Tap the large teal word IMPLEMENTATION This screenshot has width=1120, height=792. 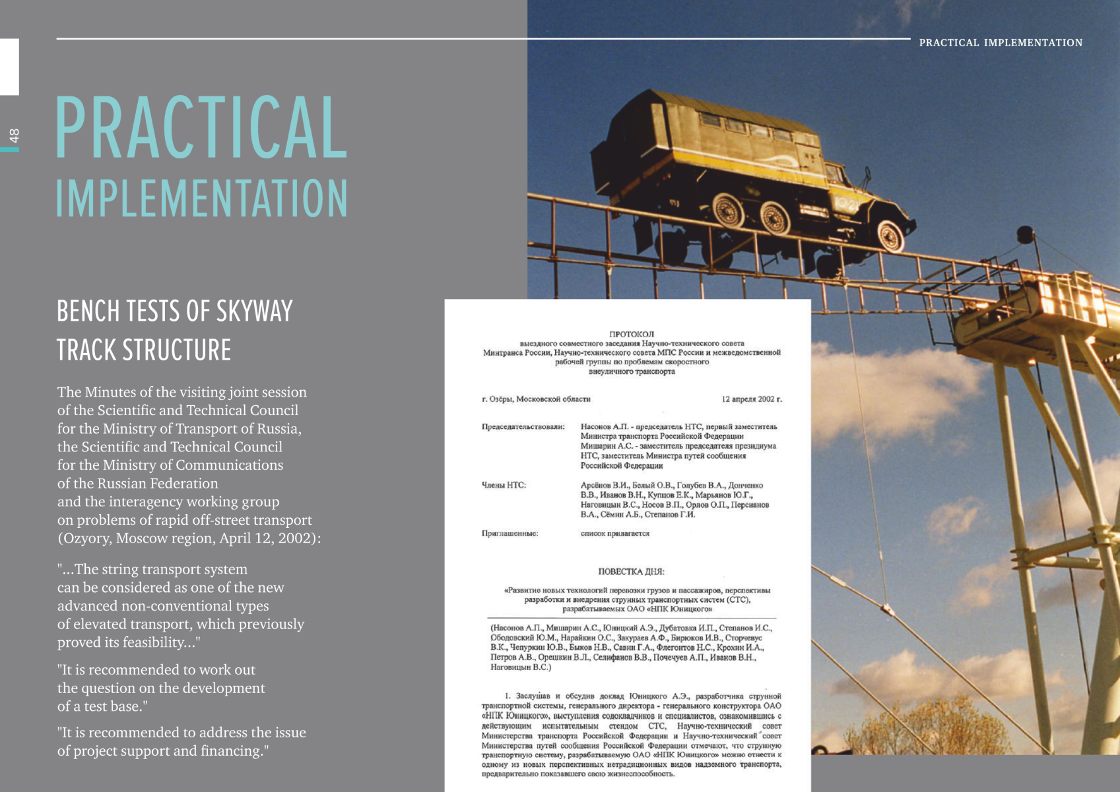(201, 198)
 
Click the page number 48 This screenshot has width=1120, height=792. (14, 135)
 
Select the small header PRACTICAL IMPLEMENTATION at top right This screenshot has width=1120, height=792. (1001, 43)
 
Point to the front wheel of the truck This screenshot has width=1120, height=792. (890, 234)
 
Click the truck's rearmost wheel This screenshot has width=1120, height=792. (727, 210)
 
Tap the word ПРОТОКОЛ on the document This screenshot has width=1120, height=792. (632, 334)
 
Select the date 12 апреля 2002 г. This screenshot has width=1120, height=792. (752, 399)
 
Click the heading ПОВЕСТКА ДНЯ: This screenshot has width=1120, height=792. (631, 572)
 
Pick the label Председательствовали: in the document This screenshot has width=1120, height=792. (523, 427)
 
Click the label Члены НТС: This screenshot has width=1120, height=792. (504, 485)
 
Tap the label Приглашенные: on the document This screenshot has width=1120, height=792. (510, 533)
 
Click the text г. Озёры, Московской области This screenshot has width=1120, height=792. (536, 399)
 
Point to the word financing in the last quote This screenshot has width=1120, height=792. (230, 751)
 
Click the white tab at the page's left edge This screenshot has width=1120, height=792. (9, 67)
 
